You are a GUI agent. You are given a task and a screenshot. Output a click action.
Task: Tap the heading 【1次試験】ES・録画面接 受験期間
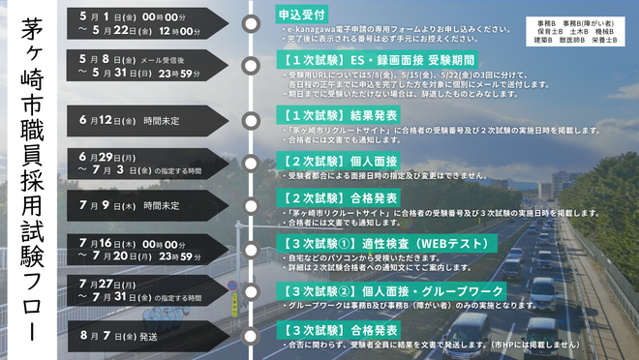pyautogui.click(x=358, y=59)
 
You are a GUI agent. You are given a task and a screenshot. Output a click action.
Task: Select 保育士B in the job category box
pyautogui.click(x=548, y=30)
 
